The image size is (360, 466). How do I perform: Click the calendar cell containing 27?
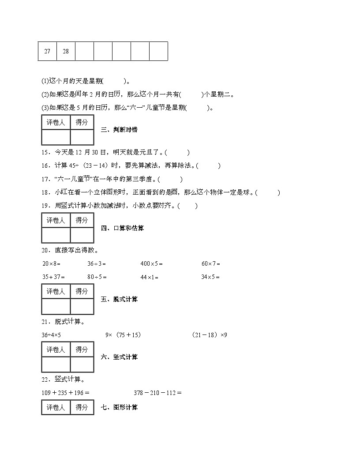[47, 51]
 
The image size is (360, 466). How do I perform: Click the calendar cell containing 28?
[66, 51]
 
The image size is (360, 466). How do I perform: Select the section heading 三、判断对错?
[119, 130]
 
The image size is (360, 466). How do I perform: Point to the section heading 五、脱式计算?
[119, 299]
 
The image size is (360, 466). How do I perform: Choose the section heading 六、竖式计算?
[119, 357]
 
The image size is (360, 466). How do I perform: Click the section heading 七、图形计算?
[119, 407]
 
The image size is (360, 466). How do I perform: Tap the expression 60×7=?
[210, 264]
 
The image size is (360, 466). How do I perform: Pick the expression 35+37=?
[53, 277]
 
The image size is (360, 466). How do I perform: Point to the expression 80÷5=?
[97, 277]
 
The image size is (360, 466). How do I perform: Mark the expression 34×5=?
[210, 277]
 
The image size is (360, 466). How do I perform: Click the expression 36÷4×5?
[51, 335]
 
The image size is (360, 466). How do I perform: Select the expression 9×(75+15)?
[123, 335]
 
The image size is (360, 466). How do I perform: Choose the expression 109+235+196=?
[66, 392]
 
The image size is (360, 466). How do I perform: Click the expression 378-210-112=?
[157, 392]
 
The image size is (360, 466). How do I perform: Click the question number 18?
[45, 192]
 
